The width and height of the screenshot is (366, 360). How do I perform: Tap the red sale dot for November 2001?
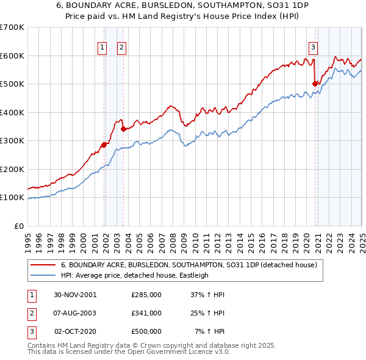coord(104,145)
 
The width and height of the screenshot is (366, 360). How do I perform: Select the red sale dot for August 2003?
coord(123,129)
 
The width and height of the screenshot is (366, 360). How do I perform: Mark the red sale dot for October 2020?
coord(315,84)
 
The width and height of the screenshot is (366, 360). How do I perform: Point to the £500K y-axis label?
coord(12,84)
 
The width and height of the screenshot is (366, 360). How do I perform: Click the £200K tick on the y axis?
coord(12,169)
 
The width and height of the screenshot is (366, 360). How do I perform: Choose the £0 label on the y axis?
coord(18,226)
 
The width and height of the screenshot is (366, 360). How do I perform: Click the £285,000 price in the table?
coord(146,295)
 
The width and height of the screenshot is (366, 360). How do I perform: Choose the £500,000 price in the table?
coord(146,331)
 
